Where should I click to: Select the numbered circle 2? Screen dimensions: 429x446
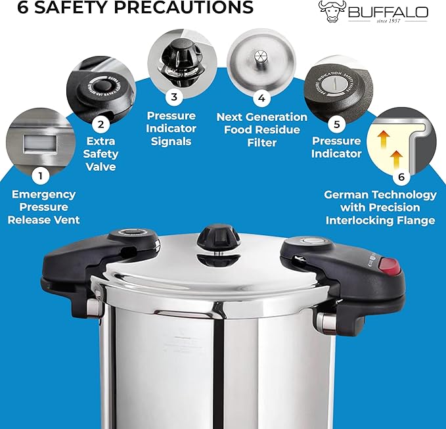(100, 123)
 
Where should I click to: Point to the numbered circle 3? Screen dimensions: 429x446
(174, 97)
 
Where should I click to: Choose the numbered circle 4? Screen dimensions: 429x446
(261, 99)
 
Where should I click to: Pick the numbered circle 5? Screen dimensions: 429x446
(336, 122)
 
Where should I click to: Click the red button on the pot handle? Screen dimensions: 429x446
(390, 267)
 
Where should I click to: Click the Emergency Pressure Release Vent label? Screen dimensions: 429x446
(43, 207)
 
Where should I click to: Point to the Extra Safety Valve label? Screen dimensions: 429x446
(101, 154)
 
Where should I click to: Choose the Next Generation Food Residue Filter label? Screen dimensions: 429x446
(262, 129)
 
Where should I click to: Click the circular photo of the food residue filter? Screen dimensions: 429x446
(261, 57)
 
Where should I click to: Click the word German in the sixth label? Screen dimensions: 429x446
(346, 195)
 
